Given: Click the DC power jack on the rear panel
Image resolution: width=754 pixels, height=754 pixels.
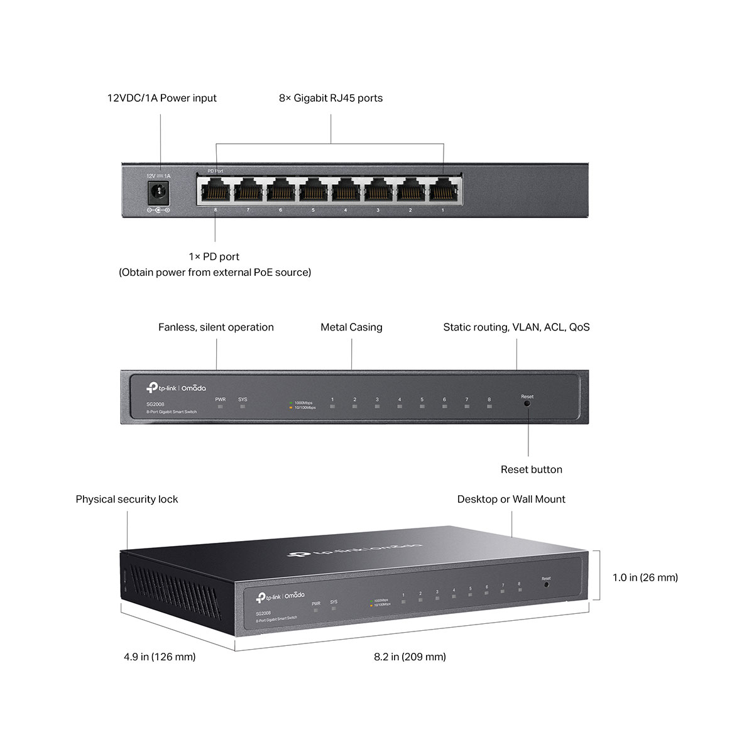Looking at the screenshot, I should pyautogui.click(x=158, y=191).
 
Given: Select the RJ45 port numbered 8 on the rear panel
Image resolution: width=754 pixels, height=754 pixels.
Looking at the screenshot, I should pyautogui.click(x=216, y=189).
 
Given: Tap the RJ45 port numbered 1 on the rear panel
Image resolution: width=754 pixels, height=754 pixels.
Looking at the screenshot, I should pyautogui.click(x=443, y=189).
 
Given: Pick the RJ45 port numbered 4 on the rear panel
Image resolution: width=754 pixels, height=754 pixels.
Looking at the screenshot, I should pyautogui.click(x=346, y=189).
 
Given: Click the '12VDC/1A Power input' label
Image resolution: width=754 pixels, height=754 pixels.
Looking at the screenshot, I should pyautogui.click(x=161, y=98).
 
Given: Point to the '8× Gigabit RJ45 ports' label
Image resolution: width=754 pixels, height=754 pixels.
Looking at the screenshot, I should pyautogui.click(x=331, y=98).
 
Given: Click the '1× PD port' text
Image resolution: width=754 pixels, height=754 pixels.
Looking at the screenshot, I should pyautogui.click(x=214, y=256).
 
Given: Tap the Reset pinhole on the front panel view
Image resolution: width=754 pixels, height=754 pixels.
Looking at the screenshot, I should pyautogui.click(x=527, y=403).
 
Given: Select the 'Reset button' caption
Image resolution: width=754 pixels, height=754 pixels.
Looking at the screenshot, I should pyautogui.click(x=531, y=469).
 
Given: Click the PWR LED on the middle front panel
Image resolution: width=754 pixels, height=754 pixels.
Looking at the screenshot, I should pyautogui.click(x=221, y=407).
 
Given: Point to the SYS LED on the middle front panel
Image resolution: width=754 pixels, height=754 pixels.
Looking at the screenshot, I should pyautogui.click(x=243, y=407).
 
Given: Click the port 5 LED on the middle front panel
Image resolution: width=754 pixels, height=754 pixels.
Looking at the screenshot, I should pyautogui.click(x=422, y=407).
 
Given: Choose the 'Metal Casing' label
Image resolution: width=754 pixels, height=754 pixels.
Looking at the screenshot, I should pyautogui.click(x=351, y=327).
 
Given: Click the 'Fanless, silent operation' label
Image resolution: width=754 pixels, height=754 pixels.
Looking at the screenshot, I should pyautogui.click(x=216, y=327).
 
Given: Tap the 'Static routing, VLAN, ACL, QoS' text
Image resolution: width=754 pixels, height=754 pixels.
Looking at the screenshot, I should pyautogui.click(x=516, y=327).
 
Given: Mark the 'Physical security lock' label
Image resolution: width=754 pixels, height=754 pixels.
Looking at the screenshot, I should pyautogui.click(x=127, y=500).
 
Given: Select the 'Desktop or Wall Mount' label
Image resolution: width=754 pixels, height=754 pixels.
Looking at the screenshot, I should pyautogui.click(x=511, y=500).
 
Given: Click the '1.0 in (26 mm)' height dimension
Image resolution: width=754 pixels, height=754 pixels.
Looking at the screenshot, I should pyautogui.click(x=645, y=577).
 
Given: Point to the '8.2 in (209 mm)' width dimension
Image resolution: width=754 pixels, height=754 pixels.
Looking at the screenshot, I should pyautogui.click(x=410, y=657).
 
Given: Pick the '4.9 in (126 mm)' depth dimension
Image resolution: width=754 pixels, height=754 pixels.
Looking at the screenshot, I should pyautogui.click(x=160, y=657).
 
